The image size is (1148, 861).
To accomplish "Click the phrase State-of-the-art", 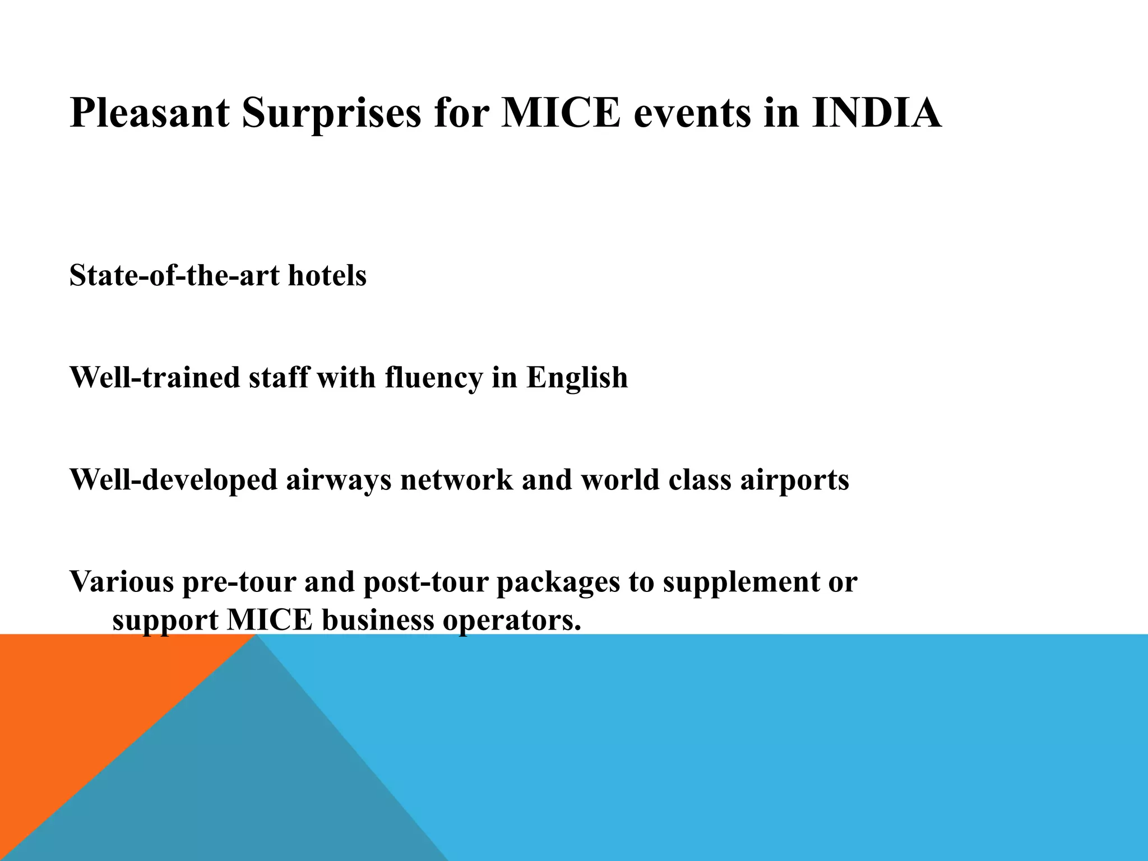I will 174,276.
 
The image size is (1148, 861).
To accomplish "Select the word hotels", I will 327,276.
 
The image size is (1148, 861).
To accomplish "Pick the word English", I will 577,377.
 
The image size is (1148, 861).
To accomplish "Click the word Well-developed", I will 173,480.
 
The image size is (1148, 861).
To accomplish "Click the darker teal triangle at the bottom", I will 252,785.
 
